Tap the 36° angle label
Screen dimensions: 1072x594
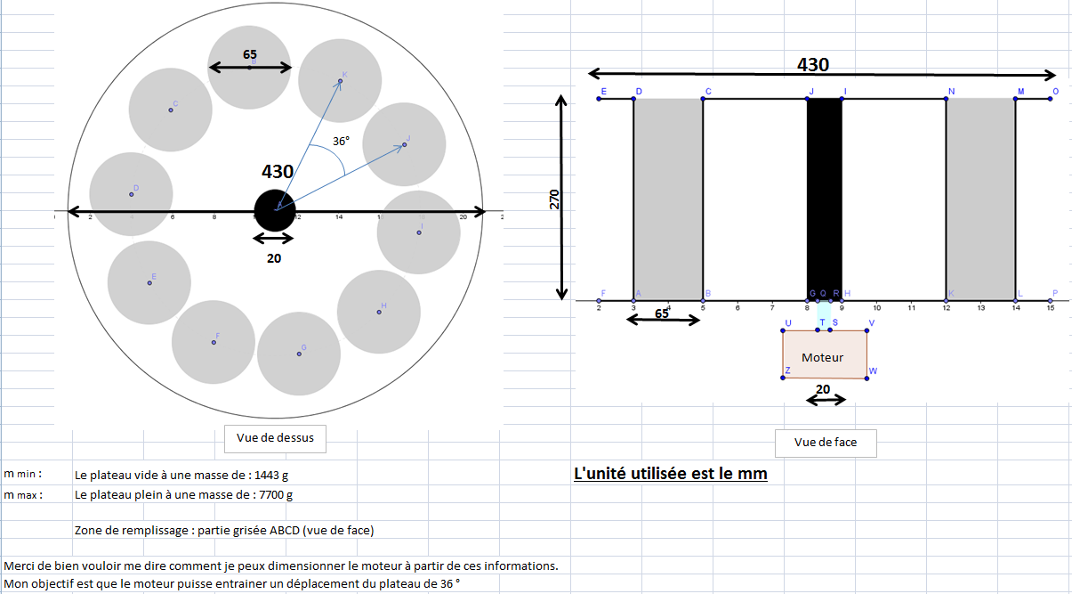[341, 141]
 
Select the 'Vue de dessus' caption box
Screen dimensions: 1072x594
[275, 437]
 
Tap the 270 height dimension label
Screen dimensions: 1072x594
[554, 199]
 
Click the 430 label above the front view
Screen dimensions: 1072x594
[812, 64]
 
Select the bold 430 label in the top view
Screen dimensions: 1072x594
[278, 171]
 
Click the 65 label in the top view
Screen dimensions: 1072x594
[250, 54]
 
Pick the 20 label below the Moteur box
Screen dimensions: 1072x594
[823, 388]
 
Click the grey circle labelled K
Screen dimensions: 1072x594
[340, 81]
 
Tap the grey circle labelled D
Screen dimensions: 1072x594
[131, 194]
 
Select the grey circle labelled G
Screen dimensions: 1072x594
[299, 354]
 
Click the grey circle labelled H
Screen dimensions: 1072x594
[379, 312]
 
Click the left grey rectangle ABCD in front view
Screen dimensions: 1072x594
[668, 199]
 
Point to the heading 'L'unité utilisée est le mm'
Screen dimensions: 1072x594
[670, 474]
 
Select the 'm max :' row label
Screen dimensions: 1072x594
[23, 495]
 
